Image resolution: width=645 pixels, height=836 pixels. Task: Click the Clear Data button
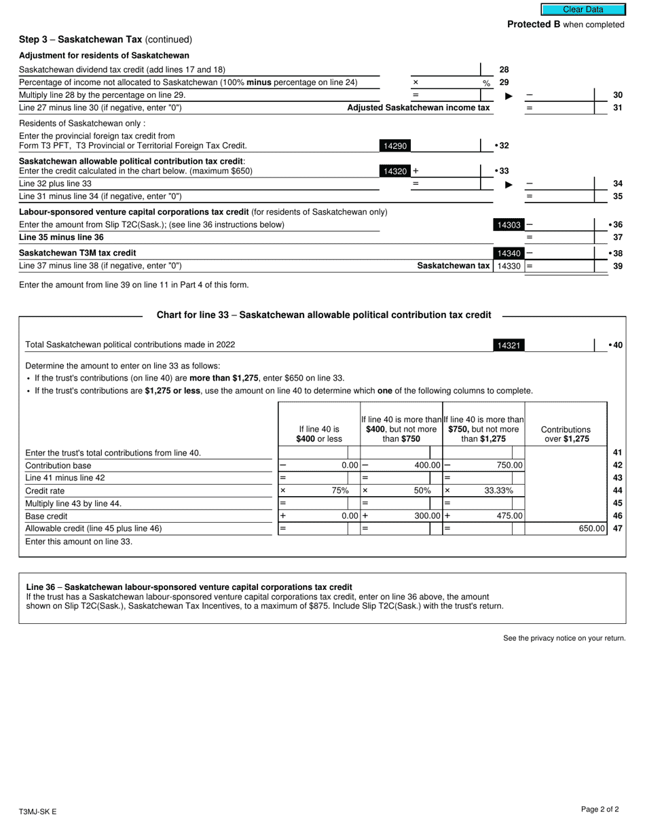583,10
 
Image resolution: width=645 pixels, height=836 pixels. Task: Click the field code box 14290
395,145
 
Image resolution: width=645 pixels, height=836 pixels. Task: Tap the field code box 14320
395,171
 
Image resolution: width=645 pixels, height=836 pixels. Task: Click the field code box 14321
509,345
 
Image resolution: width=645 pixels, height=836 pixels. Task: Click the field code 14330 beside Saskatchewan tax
509,266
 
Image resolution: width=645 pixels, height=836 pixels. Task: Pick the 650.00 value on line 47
591,528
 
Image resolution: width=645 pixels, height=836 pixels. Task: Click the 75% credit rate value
339,491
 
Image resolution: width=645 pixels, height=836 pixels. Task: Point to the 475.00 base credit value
510,516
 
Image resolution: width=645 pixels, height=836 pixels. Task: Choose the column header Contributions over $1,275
565,434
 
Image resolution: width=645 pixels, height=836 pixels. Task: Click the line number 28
504,69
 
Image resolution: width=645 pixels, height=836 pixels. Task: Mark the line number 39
618,266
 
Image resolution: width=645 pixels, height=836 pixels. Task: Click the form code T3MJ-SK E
38,812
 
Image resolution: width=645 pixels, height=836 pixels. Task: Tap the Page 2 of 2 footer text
600,809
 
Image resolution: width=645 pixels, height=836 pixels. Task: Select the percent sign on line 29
486,83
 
